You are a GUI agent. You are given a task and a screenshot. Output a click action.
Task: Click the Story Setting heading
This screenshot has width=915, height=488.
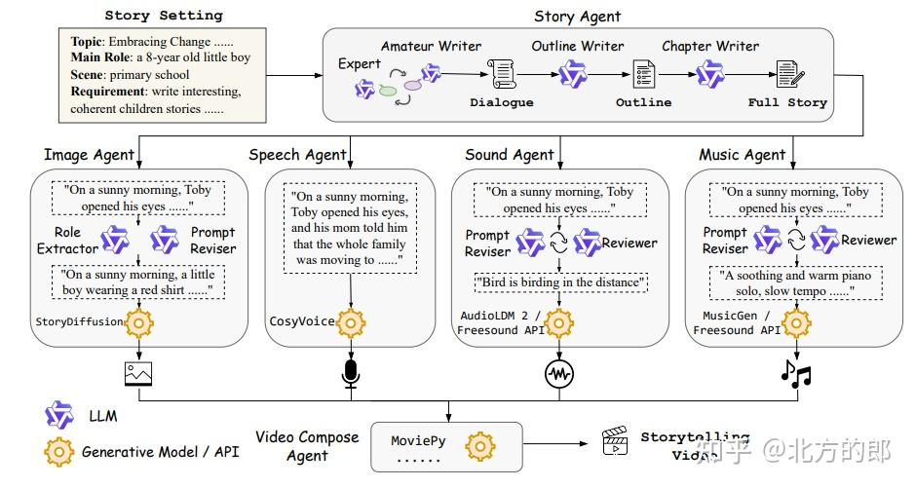point(164,16)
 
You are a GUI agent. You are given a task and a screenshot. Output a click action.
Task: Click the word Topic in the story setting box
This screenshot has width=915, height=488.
point(89,42)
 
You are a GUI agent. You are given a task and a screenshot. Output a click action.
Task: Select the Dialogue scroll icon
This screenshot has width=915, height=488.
point(501,74)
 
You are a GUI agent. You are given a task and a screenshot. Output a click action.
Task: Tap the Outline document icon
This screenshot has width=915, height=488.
point(643,74)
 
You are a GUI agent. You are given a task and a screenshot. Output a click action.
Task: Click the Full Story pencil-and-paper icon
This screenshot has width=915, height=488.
point(786,74)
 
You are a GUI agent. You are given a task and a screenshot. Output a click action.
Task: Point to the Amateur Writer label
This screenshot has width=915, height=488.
point(431,46)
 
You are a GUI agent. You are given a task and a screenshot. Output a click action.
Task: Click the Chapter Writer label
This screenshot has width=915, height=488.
point(710,46)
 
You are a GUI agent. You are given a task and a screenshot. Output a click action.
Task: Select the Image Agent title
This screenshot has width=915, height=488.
point(88,155)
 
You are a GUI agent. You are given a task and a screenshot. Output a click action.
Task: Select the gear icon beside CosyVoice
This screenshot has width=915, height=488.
point(350,321)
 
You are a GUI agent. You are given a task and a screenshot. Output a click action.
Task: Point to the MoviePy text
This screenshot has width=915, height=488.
point(418,441)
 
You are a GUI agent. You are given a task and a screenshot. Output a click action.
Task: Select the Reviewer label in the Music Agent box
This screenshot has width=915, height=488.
point(868,241)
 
